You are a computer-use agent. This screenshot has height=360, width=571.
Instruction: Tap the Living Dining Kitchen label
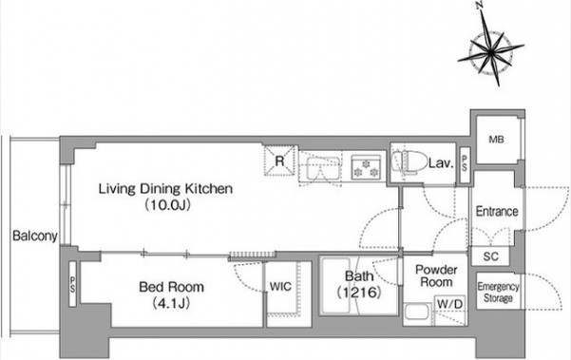[165, 189]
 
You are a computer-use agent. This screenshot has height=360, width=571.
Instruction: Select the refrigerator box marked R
[279, 161]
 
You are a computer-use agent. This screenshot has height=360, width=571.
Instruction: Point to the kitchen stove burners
[366, 167]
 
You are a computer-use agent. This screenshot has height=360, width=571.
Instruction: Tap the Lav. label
[441, 163]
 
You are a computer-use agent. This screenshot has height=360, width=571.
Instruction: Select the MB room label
[496, 139]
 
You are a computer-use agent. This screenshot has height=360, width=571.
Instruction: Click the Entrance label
[497, 212]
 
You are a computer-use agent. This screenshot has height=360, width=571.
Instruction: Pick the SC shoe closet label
[490, 256]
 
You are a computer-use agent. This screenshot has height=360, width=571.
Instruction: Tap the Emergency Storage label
[498, 293]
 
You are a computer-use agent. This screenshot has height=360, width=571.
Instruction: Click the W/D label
[450, 304]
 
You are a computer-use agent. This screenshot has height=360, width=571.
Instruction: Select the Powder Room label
[436, 275]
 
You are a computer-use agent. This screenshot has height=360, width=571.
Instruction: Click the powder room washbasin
[416, 312]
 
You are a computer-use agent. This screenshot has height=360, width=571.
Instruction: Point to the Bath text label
[359, 276]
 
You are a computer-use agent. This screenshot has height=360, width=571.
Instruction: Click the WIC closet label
[280, 287]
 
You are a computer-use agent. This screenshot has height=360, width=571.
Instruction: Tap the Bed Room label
[171, 287]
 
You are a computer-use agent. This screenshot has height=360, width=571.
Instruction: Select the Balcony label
[35, 236]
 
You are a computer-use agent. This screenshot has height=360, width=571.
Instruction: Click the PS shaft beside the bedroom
[72, 284]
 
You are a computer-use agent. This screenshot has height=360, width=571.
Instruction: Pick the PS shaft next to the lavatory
[465, 165]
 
